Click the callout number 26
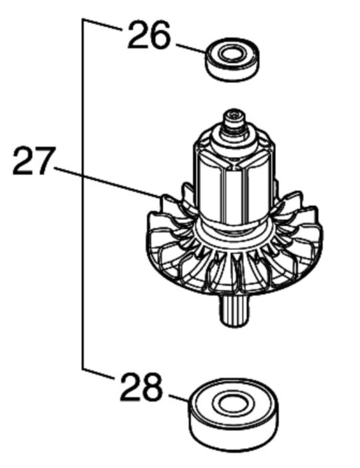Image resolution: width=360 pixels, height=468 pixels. (149, 36)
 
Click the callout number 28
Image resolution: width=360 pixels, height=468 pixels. (141, 388)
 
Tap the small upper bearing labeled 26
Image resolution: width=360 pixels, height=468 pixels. (232, 59)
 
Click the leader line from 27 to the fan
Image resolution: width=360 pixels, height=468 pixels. (108, 183)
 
